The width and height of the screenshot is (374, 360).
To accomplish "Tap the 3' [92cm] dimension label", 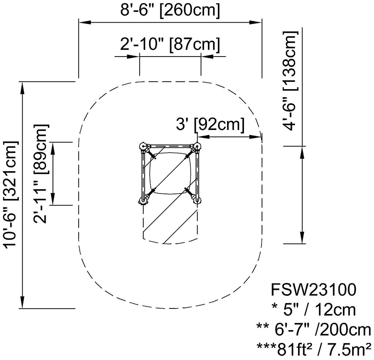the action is [x=210, y=124].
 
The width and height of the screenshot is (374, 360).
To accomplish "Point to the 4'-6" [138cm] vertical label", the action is [x=290, y=81].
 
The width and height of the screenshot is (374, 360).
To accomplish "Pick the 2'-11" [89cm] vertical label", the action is [x=41, y=173].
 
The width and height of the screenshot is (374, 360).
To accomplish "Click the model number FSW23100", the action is [x=313, y=290].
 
